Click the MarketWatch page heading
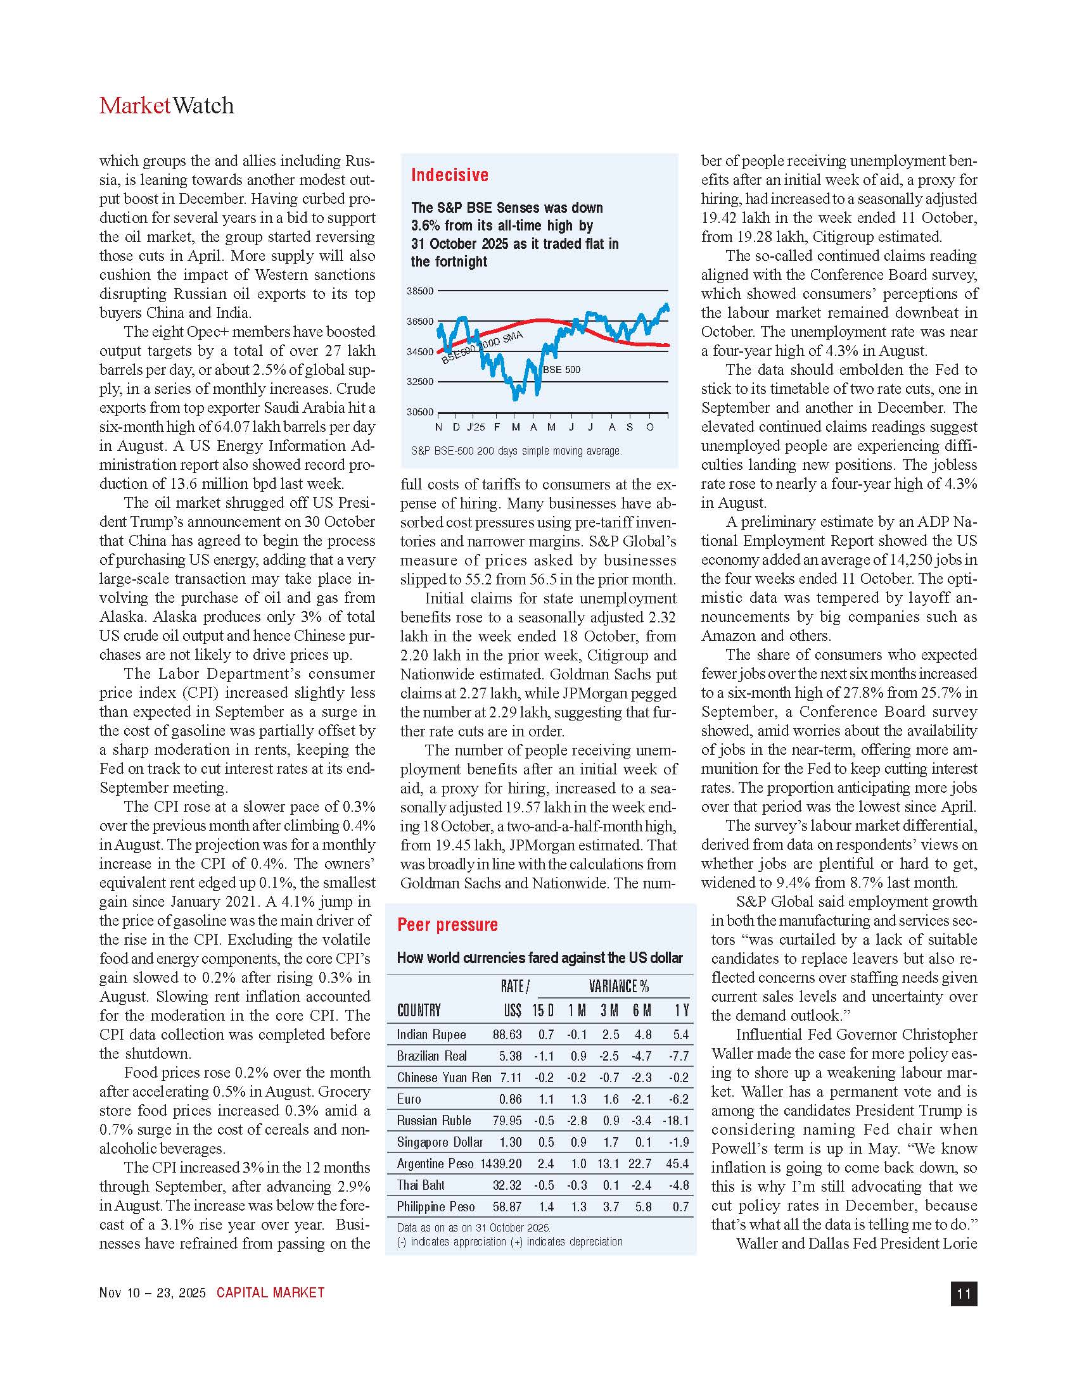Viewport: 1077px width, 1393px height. coord(167,106)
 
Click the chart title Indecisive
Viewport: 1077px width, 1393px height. coord(450,175)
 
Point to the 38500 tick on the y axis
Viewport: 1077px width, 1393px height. coord(420,291)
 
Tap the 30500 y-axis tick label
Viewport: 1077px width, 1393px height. coord(420,412)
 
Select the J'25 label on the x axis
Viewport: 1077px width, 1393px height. coord(475,427)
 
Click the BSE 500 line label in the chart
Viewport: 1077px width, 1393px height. coord(561,369)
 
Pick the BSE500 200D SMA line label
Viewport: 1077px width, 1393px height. coord(481,348)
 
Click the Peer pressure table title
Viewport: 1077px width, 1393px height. coord(447,924)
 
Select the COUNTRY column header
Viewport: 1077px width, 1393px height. coord(419,1011)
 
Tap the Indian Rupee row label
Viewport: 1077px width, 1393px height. coord(431,1035)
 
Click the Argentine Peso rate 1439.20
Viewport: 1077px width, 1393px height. coord(501,1163)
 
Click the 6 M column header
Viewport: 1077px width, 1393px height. coord(642,1011)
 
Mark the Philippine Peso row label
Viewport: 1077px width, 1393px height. coord(436,1207)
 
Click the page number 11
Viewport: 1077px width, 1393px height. coord(964,1294)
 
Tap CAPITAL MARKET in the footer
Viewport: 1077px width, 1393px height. coord(271,1293)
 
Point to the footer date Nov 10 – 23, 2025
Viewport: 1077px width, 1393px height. coord(153,1293)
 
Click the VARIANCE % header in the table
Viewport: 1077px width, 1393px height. coord(618,986)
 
